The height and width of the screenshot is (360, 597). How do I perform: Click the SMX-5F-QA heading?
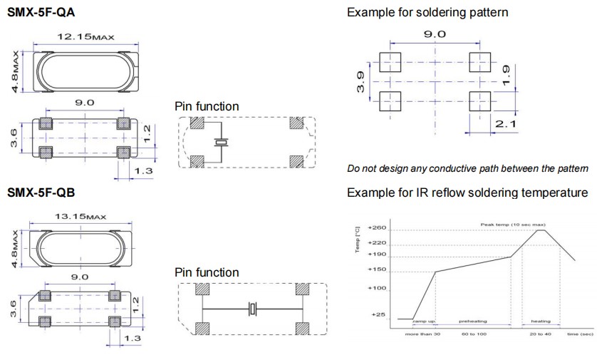coord(41,14)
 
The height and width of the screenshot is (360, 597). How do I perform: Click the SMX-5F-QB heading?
coord(41,193)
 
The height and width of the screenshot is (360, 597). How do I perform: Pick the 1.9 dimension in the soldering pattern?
coord(504,73)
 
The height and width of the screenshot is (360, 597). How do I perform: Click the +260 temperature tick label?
coord(378,228)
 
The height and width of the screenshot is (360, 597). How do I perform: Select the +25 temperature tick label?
coord(378,314)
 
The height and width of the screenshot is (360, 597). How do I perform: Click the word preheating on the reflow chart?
coord(472,322)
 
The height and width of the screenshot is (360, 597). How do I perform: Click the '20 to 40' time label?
coord(539,333)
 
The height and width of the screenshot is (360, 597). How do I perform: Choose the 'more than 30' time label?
coord(423,333)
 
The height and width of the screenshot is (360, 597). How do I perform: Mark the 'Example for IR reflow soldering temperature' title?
coord(467,193)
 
